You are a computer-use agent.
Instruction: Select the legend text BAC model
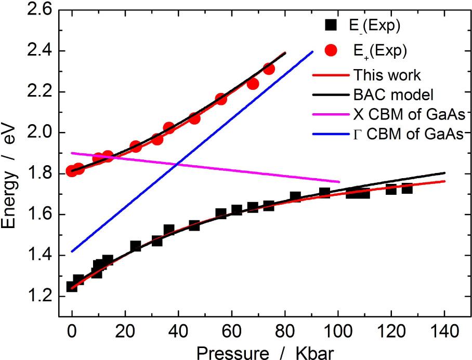tap(393, 95)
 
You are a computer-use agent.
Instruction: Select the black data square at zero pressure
tap(72, 286)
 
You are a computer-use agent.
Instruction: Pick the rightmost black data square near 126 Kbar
tap(407, 188)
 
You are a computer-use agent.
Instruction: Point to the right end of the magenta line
tap(339, 182)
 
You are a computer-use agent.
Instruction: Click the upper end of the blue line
tap(312, 51)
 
